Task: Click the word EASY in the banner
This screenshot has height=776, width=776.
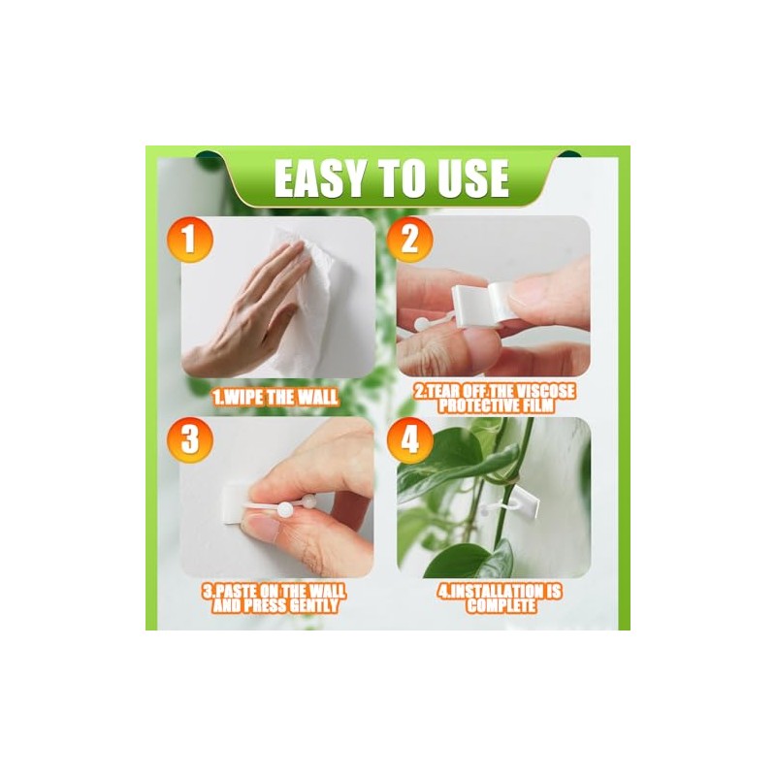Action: [x=319, y=178]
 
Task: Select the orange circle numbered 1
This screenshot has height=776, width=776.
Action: [x=189, y=240]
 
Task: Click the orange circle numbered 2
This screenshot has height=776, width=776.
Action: [x=409, y=240]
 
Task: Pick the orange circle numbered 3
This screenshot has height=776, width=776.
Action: [x=189, y=440]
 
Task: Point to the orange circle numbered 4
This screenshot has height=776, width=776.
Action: [x=409, y=440]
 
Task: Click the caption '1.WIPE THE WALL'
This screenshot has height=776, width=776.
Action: [x=275, y=397]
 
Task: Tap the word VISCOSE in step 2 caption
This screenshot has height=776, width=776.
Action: [x=545, y=392]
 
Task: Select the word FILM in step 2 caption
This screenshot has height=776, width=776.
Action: [x=537, y=406]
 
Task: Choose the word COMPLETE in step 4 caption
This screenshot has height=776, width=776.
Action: [x=501, y=605]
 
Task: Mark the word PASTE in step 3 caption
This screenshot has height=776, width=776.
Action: [x=239, y=591]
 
